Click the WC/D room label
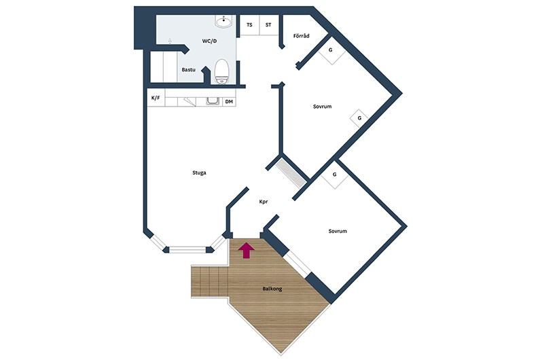tap(209, 41)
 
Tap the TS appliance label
tap(249, 25)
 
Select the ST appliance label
tap(268, 25)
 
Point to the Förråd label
tap(302, 35)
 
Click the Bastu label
tap(188, 69)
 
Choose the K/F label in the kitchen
tap(156, 98)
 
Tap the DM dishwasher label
tap(229, 102)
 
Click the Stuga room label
tap(199, 173)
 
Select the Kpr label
tap(264, 202)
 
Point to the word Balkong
tap(272, 289)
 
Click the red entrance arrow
tap(247, 250)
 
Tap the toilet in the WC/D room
tap(221, 71)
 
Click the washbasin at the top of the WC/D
tap(223, 21)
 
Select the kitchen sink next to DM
tap(213, 101)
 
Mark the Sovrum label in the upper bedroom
tap(323, 107)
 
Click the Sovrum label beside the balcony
tap(338, 231)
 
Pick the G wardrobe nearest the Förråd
tap(331, 51)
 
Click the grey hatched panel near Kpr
tap(291, 173)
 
